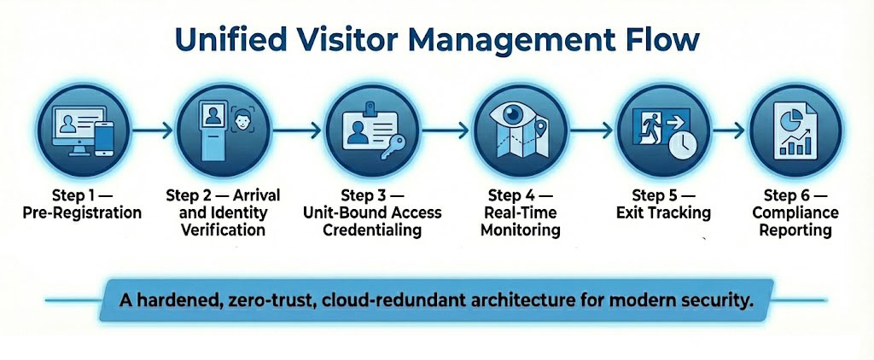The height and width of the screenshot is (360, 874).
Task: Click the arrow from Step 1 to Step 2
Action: coord(153,131)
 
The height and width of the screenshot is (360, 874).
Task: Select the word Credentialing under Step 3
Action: coord(374,229)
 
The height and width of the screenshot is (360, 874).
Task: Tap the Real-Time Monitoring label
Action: coord(520,222)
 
